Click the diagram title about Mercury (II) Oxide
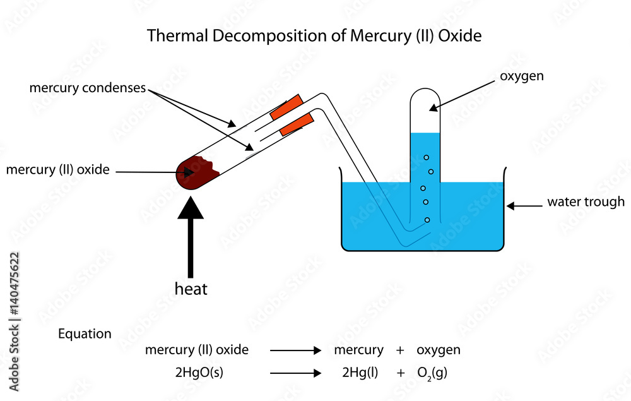314,36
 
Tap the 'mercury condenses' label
87,88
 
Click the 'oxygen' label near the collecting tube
521,76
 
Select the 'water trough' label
586,202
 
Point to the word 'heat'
191,289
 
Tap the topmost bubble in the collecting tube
427,157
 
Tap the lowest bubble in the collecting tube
427,220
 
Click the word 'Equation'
85,334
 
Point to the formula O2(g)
432,373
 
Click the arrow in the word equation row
295,350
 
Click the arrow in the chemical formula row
295,373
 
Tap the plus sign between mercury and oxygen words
400,350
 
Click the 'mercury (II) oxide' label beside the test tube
58,169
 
